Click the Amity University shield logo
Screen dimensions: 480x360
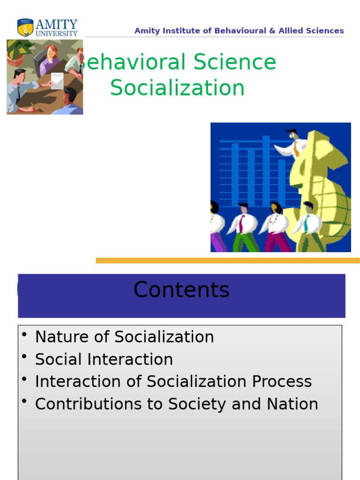coord(25,28)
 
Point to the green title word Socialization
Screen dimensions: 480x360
coord(178,88)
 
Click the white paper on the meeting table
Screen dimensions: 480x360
coord(57,81)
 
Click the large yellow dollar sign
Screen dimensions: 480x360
coord(319,187)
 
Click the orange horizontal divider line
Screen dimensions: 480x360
coord(228,261)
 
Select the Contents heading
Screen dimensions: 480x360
coord(181,290)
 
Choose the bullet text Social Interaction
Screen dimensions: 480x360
coord(104,360)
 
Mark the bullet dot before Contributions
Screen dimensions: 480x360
coord(24,402)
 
